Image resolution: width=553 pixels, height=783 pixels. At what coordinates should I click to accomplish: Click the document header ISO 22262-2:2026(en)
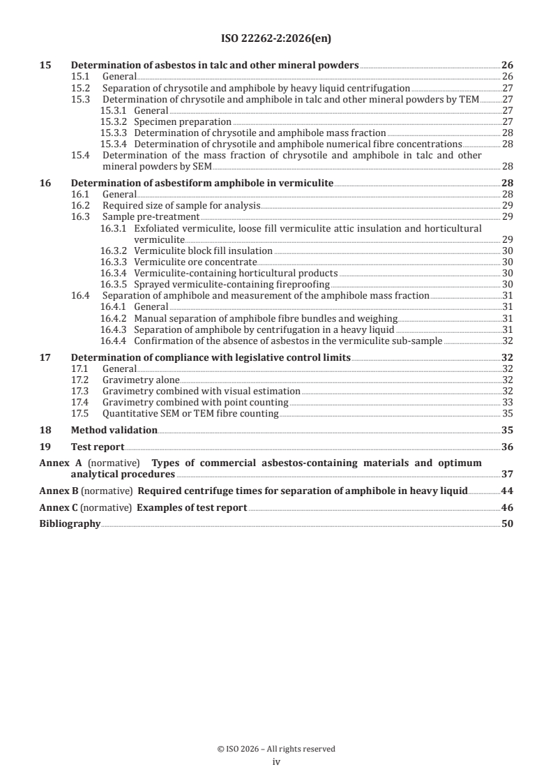(276, 40)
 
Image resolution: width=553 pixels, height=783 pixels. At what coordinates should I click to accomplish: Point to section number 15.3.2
(114, 121)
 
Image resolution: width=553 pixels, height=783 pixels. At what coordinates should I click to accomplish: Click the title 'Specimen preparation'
(183, 121)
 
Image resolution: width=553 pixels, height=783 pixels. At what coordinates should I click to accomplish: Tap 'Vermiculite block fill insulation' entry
(203, 251)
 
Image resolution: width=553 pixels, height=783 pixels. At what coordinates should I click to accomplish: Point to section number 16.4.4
(114, 341)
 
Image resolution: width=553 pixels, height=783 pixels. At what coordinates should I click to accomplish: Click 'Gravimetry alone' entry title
(141, 380)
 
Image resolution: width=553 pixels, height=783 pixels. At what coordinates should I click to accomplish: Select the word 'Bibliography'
(70, 523)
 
